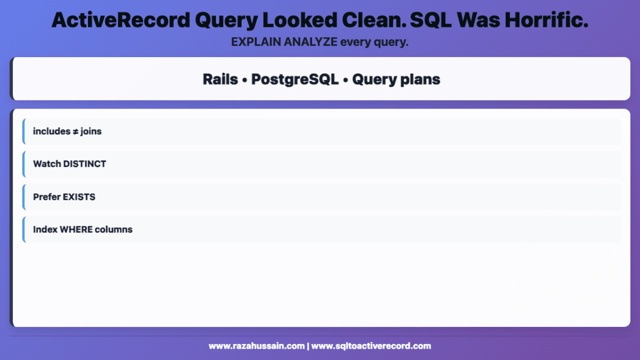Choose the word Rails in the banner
220,79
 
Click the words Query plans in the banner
396,79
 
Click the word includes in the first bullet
51,131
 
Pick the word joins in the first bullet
91,131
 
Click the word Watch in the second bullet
47,164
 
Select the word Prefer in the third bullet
46,197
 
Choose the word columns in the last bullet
114,230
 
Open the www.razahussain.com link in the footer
256,346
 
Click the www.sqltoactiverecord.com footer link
371,346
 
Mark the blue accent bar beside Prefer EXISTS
24,197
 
